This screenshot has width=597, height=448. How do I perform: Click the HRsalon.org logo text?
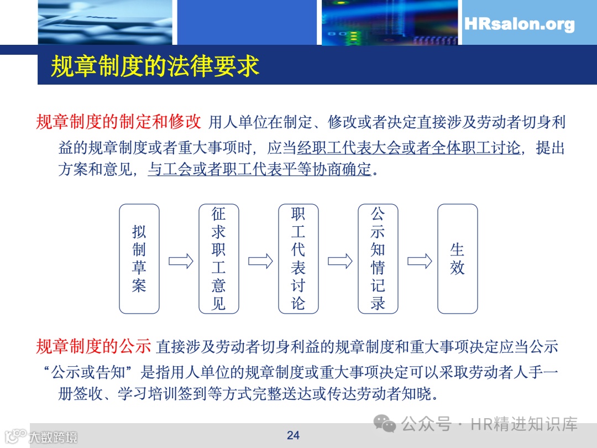[x=519, y=24]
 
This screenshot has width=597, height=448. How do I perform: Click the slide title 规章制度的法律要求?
[x=155, y=66]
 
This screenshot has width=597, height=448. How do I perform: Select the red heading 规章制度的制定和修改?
[x=118, y=122]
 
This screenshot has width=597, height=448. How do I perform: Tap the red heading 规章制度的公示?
[x=93, y=347]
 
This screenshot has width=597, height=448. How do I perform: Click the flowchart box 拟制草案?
[x=139, y=259]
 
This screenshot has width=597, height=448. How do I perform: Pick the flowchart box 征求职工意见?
[x=219, y=259]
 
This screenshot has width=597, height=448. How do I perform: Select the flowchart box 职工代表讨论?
[x=298, y=259]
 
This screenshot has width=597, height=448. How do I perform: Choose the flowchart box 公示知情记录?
[x=378, y=259]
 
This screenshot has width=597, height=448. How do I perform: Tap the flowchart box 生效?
[x=458, y=259]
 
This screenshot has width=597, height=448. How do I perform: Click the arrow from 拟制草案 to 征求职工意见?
[x=181, y=261]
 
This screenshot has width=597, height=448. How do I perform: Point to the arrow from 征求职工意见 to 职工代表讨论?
[x=260, y=261]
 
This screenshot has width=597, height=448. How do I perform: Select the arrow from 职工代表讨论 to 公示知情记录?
[x=340, y=261]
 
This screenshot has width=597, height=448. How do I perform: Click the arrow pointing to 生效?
[x=420, y=261]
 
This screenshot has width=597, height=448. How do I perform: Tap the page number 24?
[x=293, y=435]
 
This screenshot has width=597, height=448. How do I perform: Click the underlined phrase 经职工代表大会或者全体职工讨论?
[x=409, y=148]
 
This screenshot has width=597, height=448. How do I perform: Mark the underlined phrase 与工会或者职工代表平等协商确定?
[x=259, y=169]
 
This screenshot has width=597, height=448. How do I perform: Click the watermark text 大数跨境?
[x=53, y=437]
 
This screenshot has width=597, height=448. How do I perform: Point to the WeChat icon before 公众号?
[x=385, y=424]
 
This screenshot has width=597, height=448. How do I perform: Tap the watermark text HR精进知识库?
[x=524, y=424]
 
